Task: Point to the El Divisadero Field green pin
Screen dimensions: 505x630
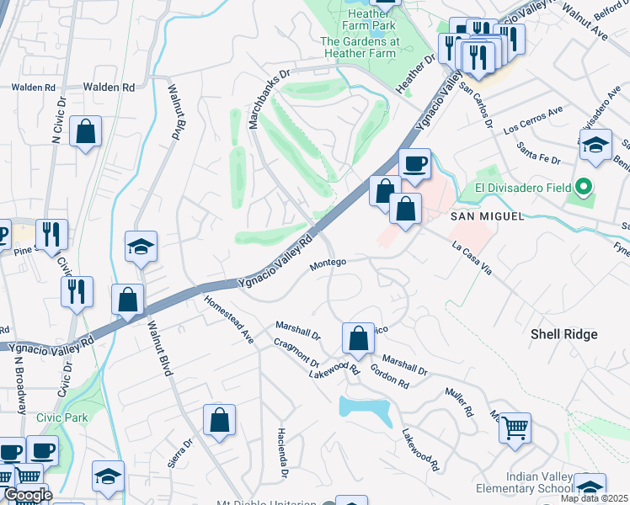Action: [581, 187]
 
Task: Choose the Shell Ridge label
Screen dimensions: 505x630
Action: [563, 334]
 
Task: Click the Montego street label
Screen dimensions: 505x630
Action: [328, 263]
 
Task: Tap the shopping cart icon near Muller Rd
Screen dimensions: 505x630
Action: [515, 427]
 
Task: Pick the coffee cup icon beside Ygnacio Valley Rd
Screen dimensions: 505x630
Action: [414, 163]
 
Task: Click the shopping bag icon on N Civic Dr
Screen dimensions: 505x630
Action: [86, 131]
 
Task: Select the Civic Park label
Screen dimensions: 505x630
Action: [61, 417]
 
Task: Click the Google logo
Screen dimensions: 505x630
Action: [27, 495]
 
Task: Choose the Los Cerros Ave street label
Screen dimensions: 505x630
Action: [532, 121]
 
